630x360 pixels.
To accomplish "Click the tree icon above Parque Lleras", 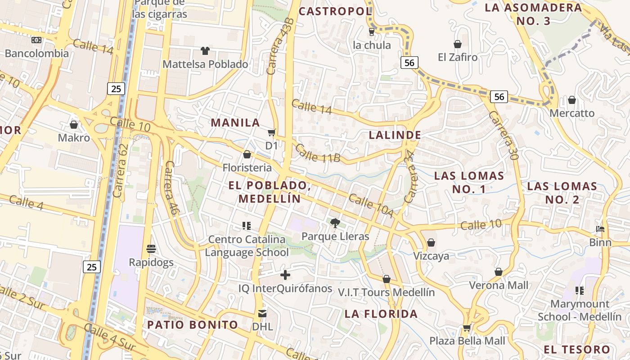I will (x=335, y=222).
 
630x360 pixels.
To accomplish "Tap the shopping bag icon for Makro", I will (x=74, y=124).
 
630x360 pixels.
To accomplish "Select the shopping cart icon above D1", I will (x=271, y=132).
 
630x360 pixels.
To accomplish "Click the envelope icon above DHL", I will (x=262, y=313).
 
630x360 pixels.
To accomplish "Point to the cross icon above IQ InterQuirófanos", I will (x=285, y=275).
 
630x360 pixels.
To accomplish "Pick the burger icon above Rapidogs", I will (x=151, y=249).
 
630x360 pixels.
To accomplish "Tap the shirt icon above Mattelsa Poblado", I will (x=205, y=50).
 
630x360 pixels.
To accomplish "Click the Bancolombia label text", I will (x=37, y=54).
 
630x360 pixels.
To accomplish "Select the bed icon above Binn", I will (x=600, y=229).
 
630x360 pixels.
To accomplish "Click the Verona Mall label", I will (x=499, y=285).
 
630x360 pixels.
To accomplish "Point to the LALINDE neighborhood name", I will (x=395, y=135).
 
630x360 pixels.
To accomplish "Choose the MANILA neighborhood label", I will (x=235, y=122).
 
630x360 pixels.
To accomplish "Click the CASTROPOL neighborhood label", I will (x=335, y=11).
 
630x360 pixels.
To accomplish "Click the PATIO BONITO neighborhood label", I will (x=193, y=324).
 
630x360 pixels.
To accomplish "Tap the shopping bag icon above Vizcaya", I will (x=431, y=243).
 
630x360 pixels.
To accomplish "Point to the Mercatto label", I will (x=572, y=113).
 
